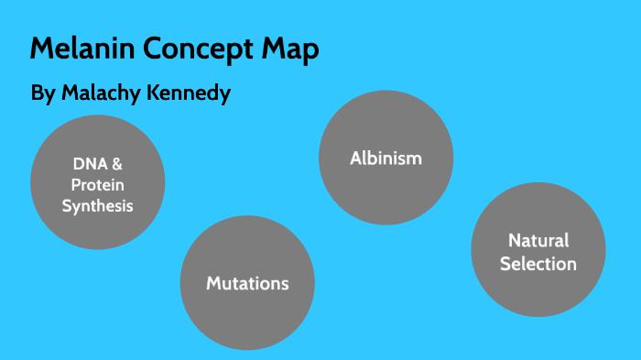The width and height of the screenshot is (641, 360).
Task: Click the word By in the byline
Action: (x=42, y=94)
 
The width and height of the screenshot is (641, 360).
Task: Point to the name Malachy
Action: (x=103, y=94)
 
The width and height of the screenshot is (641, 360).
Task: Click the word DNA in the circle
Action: (x=89, y=164)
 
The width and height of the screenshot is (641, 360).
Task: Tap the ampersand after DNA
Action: (x=116, y=164)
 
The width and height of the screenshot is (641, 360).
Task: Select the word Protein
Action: (x=97, y=185)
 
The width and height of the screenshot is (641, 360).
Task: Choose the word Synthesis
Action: (x=97, y=206)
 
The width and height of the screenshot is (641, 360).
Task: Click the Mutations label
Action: (x=247, y=284)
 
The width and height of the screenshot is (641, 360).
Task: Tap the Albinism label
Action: (x=386, y=158)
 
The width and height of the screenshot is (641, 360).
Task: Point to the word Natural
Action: (x=538, y=242)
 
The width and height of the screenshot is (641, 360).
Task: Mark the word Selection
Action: (x=538, y=264)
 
